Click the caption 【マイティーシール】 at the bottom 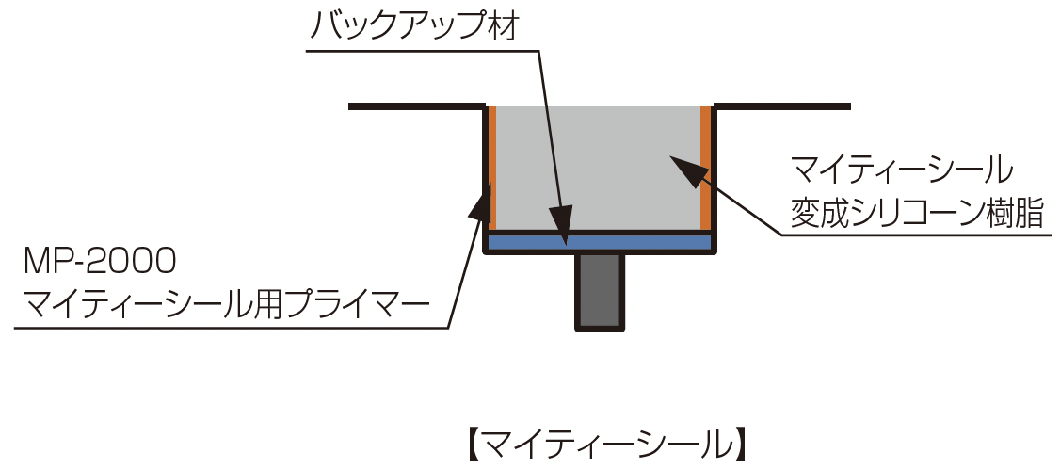pyautogui.click(x=606, y=445)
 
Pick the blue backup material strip pyautogui.click(x=600, y=242)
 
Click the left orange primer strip pyautogui.click(x=492, y=168)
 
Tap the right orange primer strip pyautogui.click(x=706, y=168)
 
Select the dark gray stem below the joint pyautogui.click(x=600, y=292)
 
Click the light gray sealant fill pyautogui.click(x=599, y=168)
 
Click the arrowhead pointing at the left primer pyautogui.click(x=480, y=203)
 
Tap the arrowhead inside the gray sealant pyautogui.click(x=684, y=170)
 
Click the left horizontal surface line pyautogui.click(x=417, y=106)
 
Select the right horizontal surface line pyautogui.click(x=782, y=106)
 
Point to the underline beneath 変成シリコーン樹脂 pyautogui.click(x=916, y=235)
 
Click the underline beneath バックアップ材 pyautogui.click(x=422, y=50)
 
